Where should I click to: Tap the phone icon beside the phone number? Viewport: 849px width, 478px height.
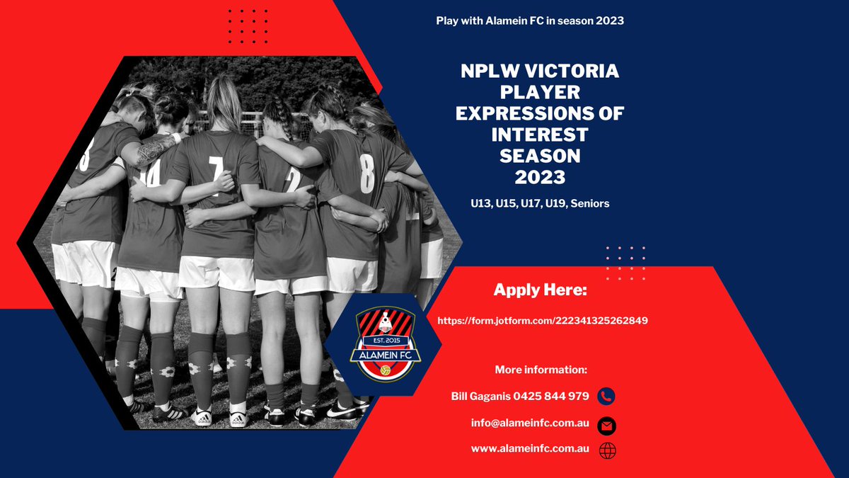[x=606, y=397]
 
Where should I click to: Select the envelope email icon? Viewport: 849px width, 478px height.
[x=606, y=426]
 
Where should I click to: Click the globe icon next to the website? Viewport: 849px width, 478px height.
[x=606, y=450]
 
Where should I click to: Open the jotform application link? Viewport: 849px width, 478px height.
[x=543, y=321]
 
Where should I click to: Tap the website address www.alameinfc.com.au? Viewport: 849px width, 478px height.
[x=531, y=449]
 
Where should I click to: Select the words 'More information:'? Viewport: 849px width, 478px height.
[x=541, y=370]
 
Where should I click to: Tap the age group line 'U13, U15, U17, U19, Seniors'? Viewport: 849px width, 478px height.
[x=540, y=203]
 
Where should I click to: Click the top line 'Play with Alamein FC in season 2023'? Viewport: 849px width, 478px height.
[x=530, y=21]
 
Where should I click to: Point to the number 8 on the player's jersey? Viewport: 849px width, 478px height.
[x=366, y=173]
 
